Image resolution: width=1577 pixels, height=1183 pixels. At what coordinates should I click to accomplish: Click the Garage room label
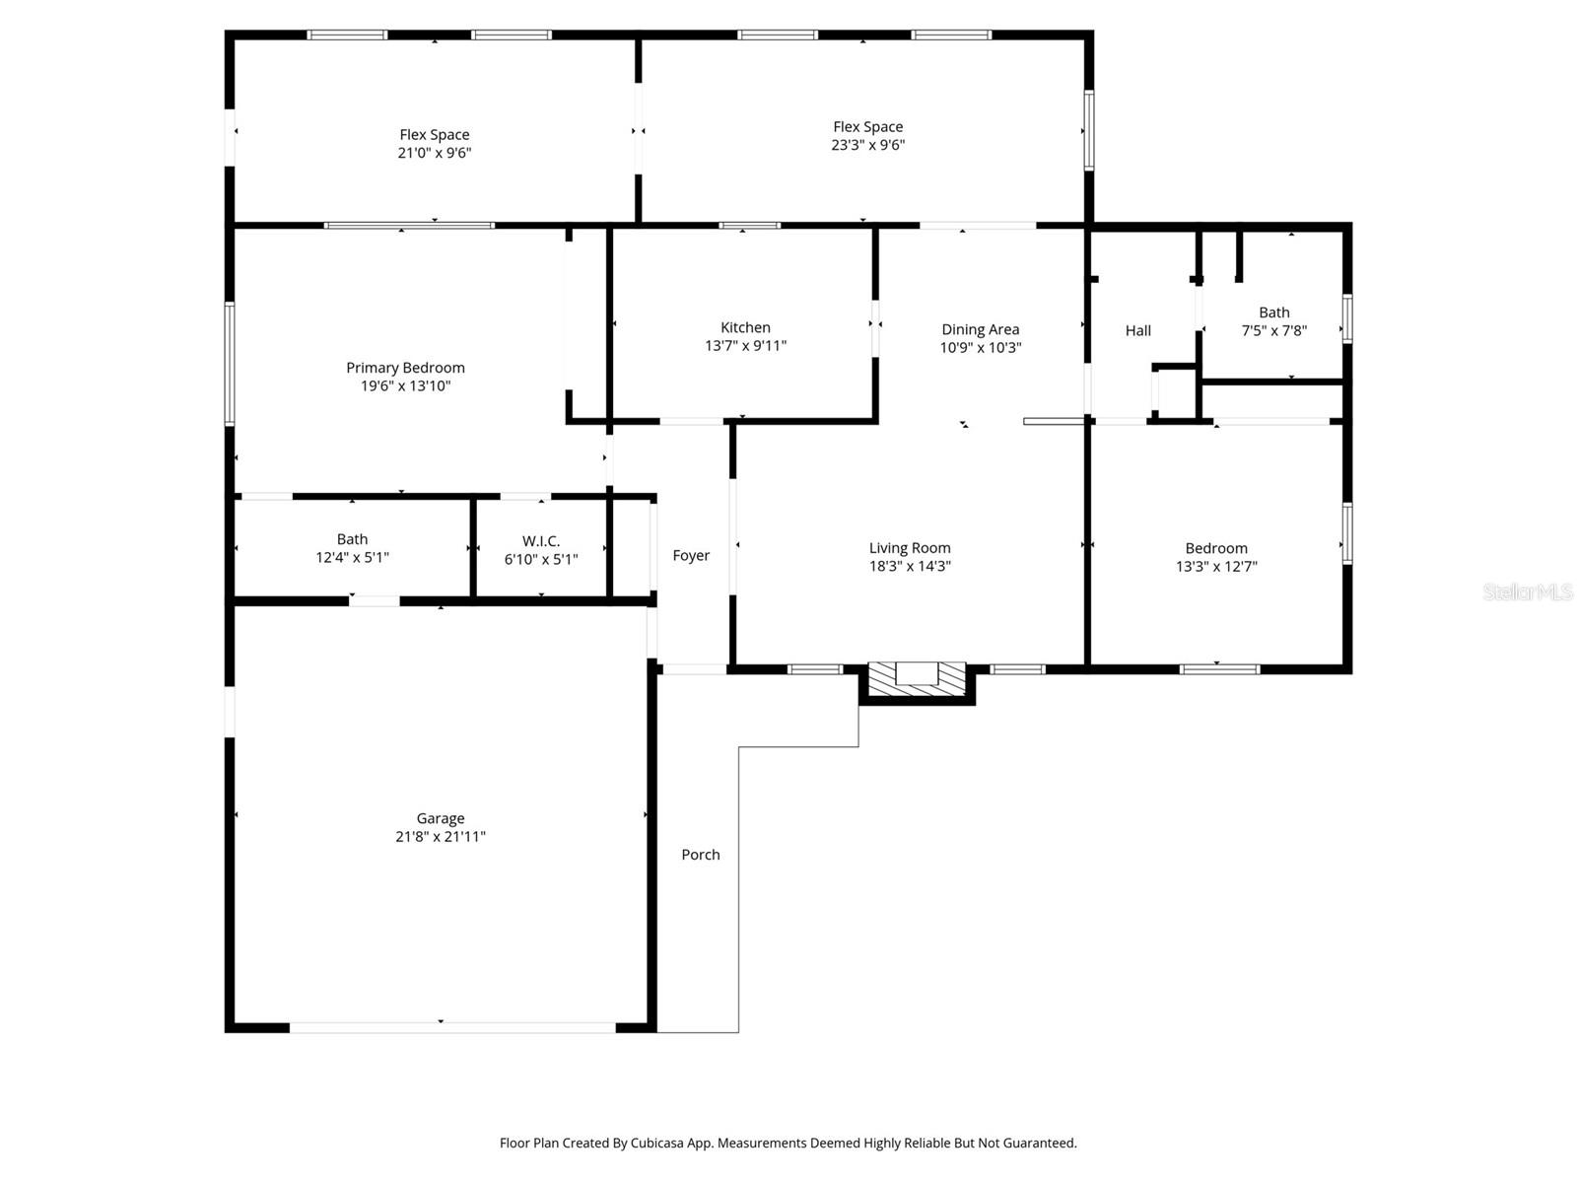click(x=440, y=818)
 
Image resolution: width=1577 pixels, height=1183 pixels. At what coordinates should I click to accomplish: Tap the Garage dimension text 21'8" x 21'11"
click(x=440, y=837)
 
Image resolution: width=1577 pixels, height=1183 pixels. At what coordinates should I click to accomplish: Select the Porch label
click(x=701, y=855)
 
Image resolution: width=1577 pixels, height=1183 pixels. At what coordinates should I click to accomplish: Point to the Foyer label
click(x=691, y=556)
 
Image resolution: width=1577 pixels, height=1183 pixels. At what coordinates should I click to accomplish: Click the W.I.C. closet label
click(x=541, y=541)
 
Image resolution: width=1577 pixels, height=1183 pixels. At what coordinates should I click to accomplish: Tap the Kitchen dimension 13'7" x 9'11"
click(x=745, y=346)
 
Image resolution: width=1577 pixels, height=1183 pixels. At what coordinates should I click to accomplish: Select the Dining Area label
click(x=980, y=329)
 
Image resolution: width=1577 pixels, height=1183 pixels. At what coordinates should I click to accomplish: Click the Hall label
click(x=1138, y=331)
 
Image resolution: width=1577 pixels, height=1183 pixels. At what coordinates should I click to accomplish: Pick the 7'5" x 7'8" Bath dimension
click(x=1273, y=331)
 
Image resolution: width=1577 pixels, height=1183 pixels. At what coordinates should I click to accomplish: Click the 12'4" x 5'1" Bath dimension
click(x=352, y=558)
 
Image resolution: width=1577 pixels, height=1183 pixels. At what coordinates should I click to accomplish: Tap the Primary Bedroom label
click(x=405, y=368)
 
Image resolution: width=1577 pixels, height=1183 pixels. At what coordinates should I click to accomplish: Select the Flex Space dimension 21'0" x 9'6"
click(x=435, y=153)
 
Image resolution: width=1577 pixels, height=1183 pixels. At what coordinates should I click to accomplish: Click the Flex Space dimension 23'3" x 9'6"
click(x=867, y=145)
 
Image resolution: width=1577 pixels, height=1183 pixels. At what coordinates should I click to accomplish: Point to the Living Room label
click(x=910, y=548)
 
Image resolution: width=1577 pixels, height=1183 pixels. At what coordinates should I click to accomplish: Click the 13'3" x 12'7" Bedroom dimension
click(x=1216, y=567)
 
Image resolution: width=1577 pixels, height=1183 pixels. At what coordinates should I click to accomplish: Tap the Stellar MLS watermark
click(x=1528, y=592)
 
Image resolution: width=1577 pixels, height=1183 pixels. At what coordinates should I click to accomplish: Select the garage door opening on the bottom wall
click(x=452, y=1027)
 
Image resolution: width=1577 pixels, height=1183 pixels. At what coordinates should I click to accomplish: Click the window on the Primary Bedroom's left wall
click(x=230, y=363)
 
